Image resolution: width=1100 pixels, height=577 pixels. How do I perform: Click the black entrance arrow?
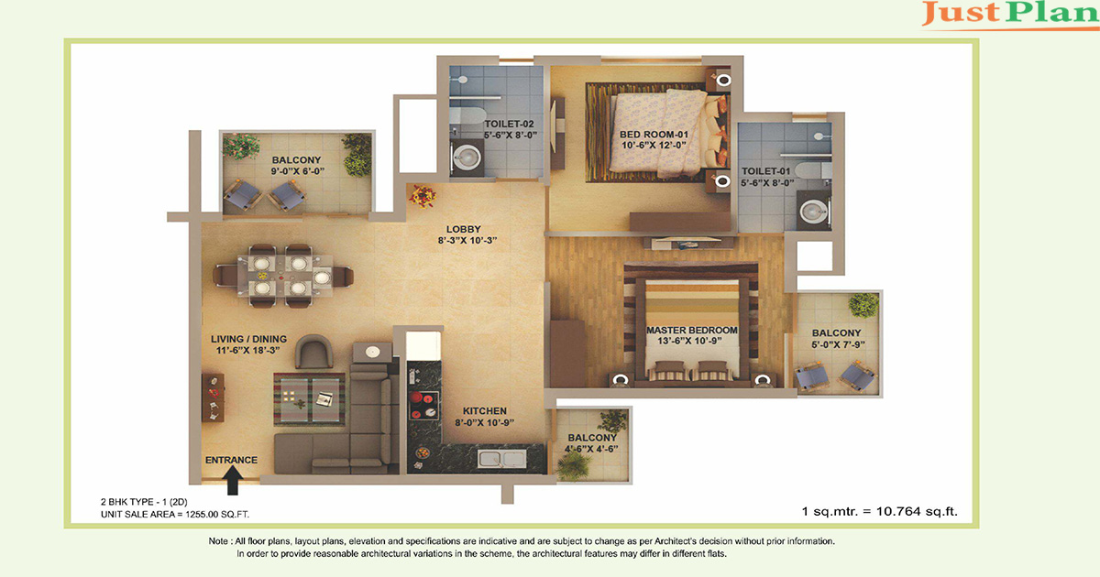(232, 480)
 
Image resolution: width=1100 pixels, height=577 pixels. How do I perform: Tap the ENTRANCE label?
(231, 460)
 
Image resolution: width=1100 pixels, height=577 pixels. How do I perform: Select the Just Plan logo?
(1009, 14)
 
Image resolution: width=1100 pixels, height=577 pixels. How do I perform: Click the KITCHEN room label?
(485, 410)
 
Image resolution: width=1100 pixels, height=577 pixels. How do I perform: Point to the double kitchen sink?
(502, 459)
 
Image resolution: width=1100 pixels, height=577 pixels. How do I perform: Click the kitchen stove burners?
(423, 405)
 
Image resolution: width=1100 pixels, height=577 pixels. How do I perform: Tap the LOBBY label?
(463, 229)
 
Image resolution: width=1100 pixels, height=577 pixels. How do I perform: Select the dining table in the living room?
(283, 276)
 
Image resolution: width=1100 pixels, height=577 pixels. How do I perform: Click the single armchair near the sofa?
(313, 352)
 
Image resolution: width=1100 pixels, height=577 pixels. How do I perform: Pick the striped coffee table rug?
(310, 399)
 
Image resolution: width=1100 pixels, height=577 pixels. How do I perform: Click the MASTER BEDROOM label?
(691, 331)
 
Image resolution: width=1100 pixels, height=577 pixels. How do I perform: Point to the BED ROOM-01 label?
(654, 135)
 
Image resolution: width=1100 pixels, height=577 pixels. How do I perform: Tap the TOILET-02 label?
(509, 125)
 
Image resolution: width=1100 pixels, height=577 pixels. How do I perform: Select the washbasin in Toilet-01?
(813, 212)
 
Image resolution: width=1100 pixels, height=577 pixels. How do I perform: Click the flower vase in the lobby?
(423, 196)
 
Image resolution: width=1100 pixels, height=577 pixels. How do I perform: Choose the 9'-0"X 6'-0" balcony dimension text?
(297, 171)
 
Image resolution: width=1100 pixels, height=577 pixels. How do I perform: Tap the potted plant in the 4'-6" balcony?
(573, 465)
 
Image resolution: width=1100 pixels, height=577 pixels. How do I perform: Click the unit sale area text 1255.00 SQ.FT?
(217, 514)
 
